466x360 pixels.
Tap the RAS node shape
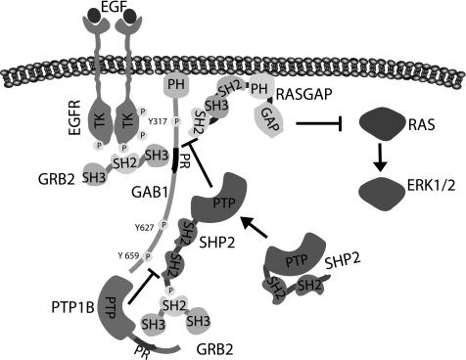[386, 124]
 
